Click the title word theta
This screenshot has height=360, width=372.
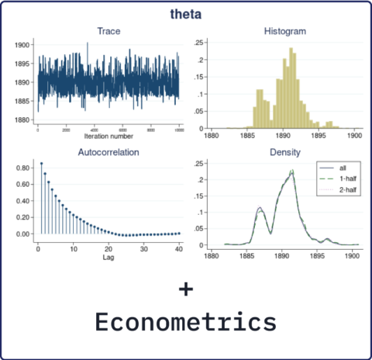click(185, 14)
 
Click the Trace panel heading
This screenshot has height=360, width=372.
click(108, 31)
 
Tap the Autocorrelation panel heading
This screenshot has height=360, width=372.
click(108, 152)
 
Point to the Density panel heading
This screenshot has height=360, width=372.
click(285, 152)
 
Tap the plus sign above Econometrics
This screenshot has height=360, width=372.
click(185, 289)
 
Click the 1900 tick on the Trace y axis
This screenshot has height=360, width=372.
click(23, 45)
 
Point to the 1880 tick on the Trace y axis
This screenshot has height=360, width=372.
click(23, 120)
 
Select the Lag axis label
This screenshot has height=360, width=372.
click(108, 259)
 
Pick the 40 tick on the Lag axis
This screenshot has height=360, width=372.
click(179, 249)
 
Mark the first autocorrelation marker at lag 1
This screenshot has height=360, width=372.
click(42, 164)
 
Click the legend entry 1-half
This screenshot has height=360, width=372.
click(338, 178)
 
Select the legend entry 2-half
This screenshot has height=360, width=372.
click(338, 189)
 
